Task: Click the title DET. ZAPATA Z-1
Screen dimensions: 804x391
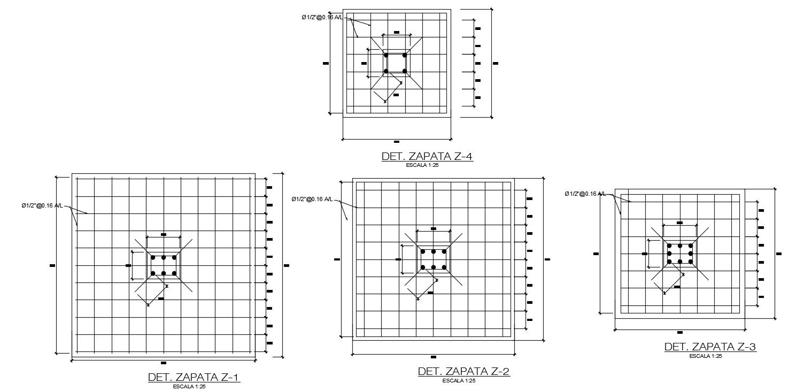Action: click(194, 378)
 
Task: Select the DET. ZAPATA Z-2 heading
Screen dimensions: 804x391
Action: click(464, 371)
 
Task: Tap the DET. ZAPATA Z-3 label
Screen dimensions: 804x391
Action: click(710, 347)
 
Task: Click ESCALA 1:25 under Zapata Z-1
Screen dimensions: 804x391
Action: click(189, 386)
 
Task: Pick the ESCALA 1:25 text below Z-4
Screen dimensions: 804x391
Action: click(423, 165)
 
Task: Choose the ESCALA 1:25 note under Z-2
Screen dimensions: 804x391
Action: click(459, 380)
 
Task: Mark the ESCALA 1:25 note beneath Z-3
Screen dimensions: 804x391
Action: click(705, 356)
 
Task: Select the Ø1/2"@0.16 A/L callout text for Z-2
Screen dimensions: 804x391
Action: click(312, 200)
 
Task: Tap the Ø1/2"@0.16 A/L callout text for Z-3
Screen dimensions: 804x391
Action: click(585, 194)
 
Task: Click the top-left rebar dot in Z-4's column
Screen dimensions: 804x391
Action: click(386, 55)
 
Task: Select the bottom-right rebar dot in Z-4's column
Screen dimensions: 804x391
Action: click(405, 71)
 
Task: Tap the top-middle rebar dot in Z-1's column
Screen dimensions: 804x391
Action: click(164, 257)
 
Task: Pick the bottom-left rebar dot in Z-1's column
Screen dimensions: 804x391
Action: click(153, 273)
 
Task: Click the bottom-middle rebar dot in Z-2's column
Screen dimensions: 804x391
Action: click(434, 267)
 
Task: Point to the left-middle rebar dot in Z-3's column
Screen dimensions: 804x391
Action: click(669, 253)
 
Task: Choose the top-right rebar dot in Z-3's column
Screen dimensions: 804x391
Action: click(690, 246)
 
